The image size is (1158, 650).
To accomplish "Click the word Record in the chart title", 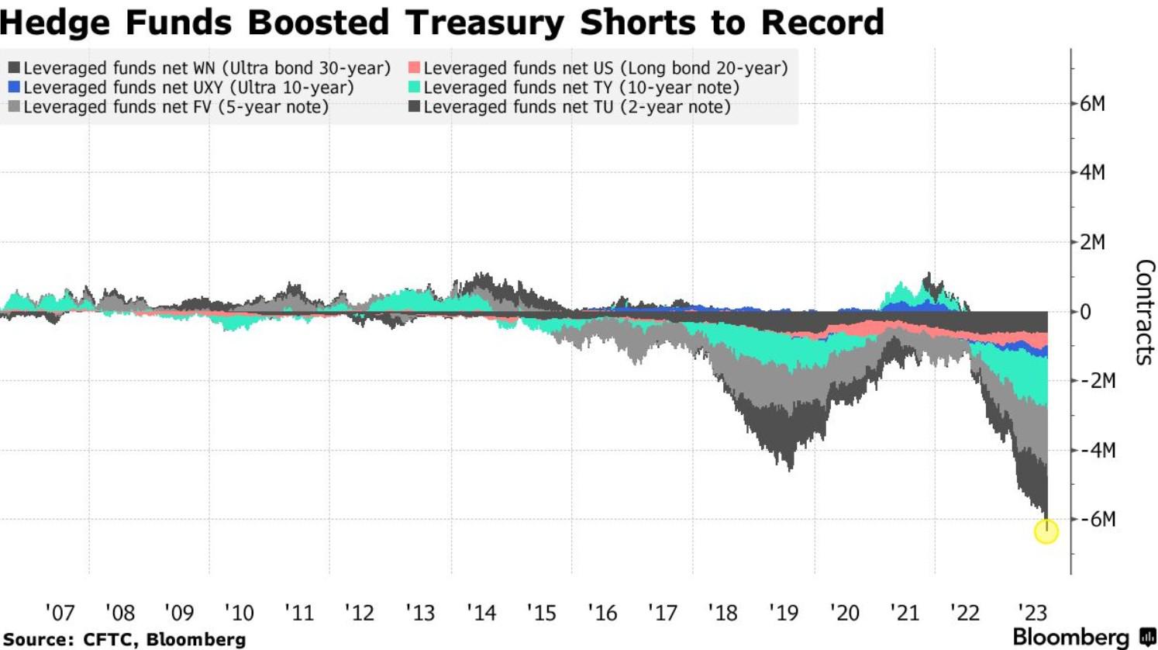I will tap(822, 22).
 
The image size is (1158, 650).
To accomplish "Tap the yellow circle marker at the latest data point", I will tap(1046, 531).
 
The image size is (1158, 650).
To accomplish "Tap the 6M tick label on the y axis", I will tap(1093, 104).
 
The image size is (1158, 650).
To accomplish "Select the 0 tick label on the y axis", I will tap(1086, 312).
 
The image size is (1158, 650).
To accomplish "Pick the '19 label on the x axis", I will tap(783, 613).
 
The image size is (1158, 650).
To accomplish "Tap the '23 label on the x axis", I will tap(1032, 613).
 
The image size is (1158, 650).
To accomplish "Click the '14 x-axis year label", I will tap(481, 613).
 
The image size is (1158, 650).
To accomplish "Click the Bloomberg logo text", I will tap(1070, 638).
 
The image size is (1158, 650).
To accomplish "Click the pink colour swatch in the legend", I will tap(415, 68).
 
